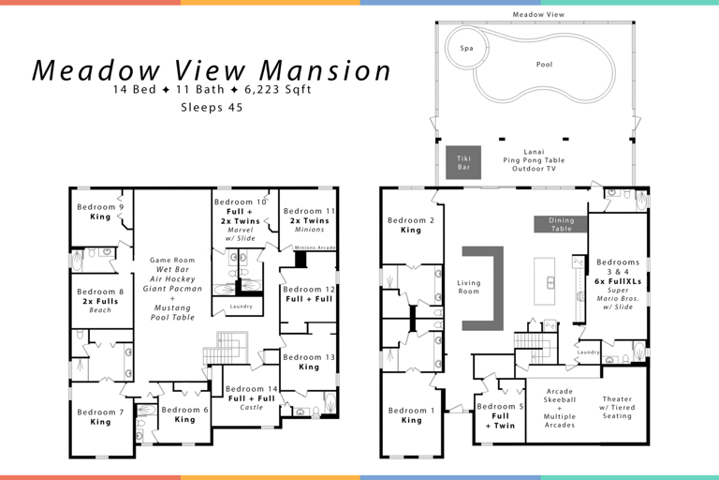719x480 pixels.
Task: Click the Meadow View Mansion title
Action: point(212,70)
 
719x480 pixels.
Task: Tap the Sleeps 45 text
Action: point(211,108)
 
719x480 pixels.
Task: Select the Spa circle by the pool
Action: point(465,47)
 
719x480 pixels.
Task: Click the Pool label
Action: point(544,65)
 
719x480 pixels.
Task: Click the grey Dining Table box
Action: point(561,224)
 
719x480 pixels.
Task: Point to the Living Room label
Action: point(468,287)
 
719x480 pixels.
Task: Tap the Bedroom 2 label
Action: point(411,221)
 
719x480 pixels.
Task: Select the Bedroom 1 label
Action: point(411,411)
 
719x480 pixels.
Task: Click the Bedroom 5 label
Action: point(500,406)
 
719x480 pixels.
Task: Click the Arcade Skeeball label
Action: point(560,397)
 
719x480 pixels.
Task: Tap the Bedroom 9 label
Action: point(100,207)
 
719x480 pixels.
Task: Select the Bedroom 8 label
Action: point(100,292)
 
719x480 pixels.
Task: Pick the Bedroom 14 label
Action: point(251,388)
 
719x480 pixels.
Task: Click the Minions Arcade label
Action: point(315,247)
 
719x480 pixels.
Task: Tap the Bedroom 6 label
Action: point(185,410)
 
